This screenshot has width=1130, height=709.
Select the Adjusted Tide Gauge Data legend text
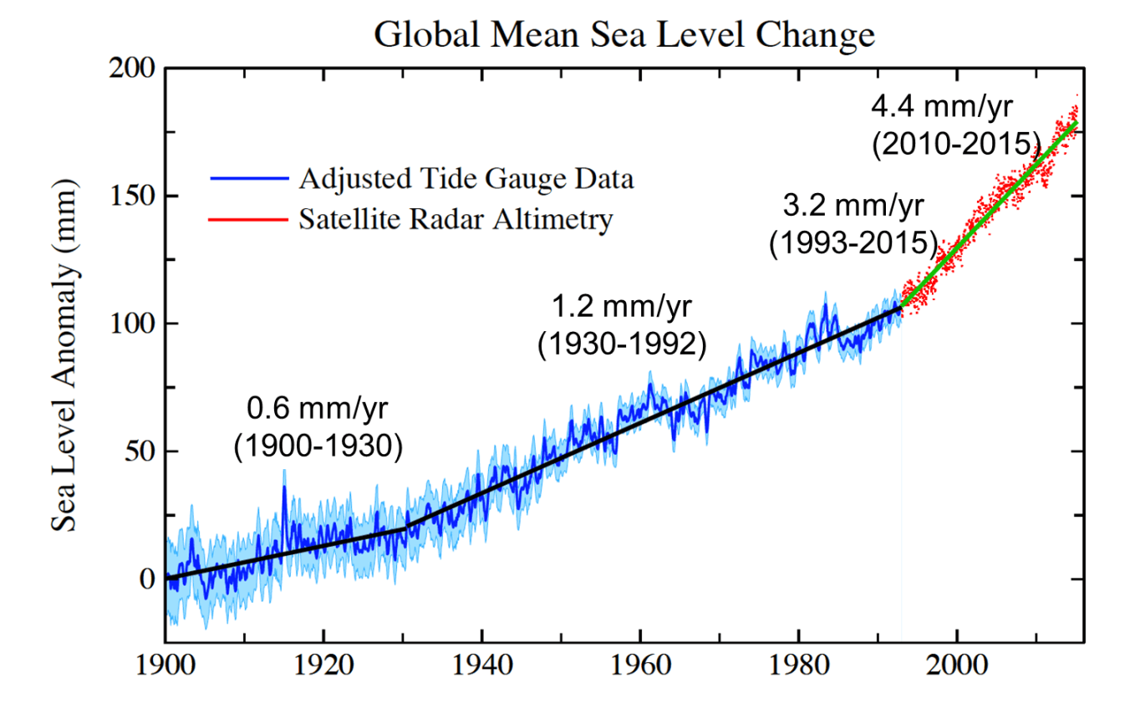coord(466,179)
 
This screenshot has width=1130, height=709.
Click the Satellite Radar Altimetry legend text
coord(456,220)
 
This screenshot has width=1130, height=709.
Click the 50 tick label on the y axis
coord(139,451)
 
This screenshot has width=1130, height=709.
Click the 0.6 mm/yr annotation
coord(318,410)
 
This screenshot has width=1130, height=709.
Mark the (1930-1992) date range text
coord(622,344)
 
